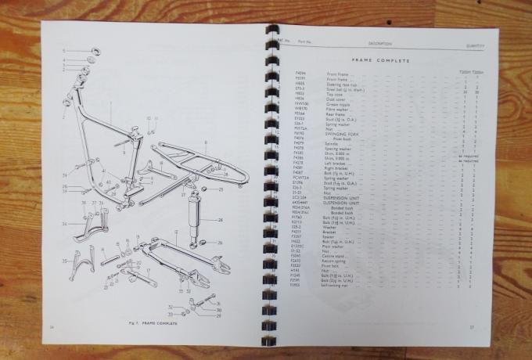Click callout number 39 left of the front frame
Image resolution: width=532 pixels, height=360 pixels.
click(64, 191)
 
